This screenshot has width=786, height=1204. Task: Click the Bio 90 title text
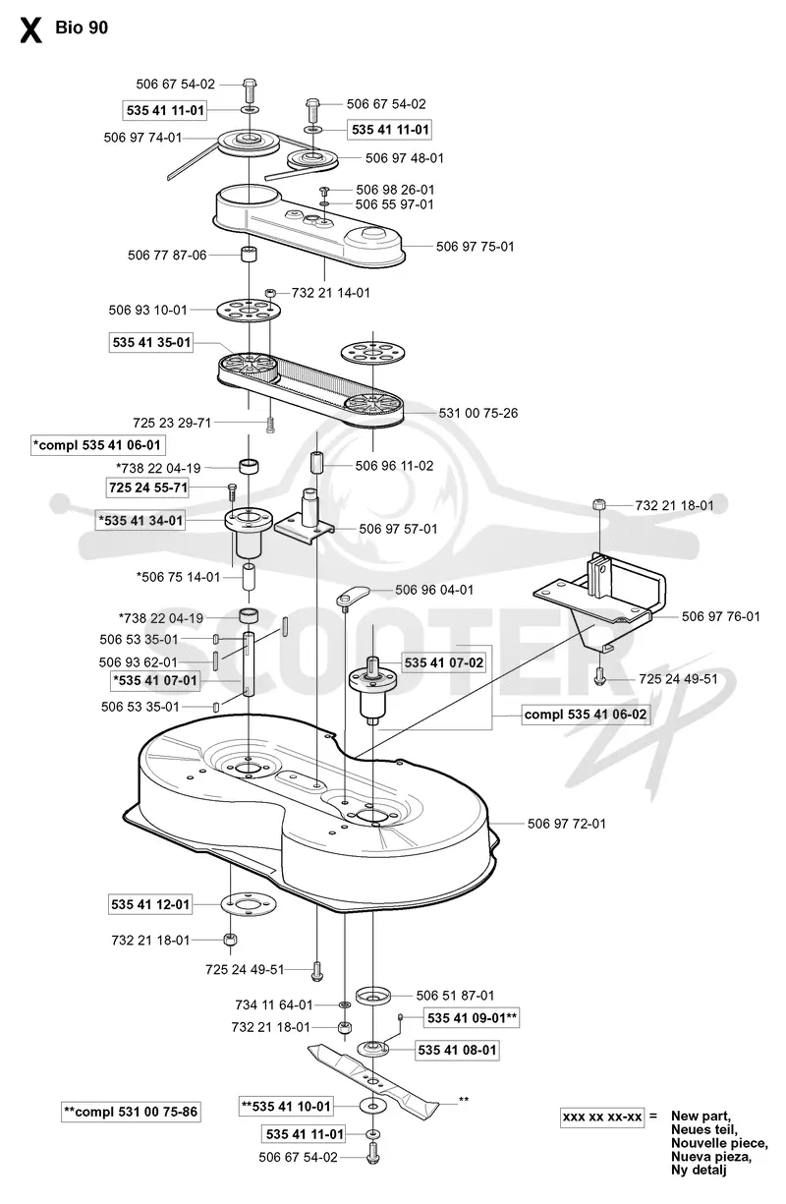82,28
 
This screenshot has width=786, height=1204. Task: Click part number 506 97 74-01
142,138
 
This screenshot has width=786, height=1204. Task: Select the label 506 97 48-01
405,158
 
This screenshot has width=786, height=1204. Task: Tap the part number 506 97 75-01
475,247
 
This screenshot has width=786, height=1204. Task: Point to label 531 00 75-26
478,414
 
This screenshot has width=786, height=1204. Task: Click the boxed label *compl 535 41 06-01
97,445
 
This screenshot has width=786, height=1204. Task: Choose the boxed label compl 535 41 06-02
586,715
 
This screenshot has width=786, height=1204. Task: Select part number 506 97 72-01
566,824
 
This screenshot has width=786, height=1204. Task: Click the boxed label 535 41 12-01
150,904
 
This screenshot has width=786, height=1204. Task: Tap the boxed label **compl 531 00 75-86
131,1112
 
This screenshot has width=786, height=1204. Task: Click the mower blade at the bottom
373,1077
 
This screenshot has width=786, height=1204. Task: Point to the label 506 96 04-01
434,590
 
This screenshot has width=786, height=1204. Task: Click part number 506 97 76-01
720,616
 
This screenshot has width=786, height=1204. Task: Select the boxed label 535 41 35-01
151,342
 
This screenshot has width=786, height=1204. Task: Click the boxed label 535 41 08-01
457,1051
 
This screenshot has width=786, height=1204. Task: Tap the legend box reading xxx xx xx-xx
602,1118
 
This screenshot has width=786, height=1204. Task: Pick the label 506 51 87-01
455,996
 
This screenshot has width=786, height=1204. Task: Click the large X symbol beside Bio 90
30,30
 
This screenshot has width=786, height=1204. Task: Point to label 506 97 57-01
398,530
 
